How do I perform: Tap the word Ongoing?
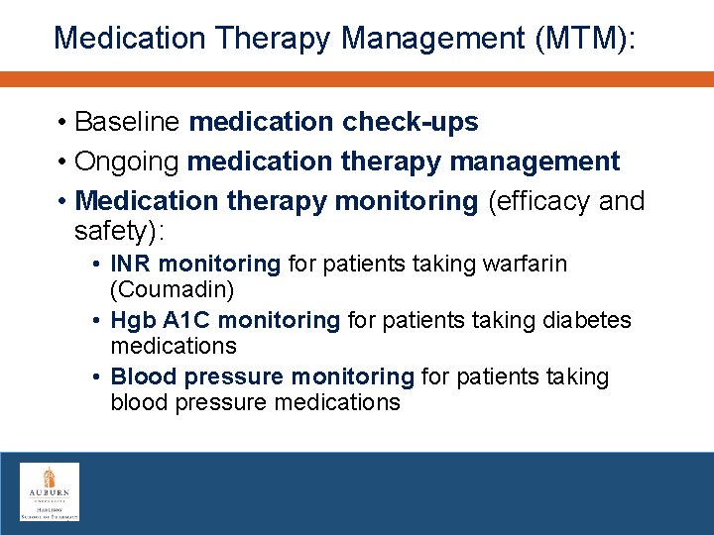click(127, 161)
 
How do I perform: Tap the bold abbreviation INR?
click(131, 264)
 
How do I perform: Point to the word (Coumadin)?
click(172, 290)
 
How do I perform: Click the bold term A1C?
click(184, 320)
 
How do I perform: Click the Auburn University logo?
click(50, 491)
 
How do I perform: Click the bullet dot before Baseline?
click(61, 123)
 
